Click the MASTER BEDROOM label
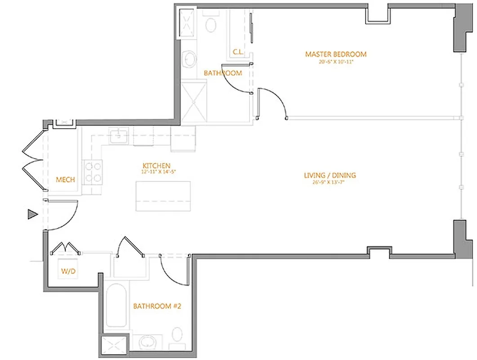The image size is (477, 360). (x=336, y=54)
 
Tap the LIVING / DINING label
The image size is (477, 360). (x=330, y=175)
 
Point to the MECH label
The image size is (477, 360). (x=65, y=180)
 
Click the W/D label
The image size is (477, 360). (x=67, y=271)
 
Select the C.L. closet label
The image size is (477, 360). (x=238, y=52)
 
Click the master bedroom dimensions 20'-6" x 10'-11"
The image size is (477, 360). (x=336, y=62)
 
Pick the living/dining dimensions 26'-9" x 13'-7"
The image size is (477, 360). (x=330, y=182)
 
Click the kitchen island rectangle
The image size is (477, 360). (x=163, y=196)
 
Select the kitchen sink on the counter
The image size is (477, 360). (x=119, y=135)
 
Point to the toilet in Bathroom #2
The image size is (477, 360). (x=178, y=335)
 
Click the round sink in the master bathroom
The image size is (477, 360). (x=190, y=58)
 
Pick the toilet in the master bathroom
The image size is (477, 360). (x=210, y=25)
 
